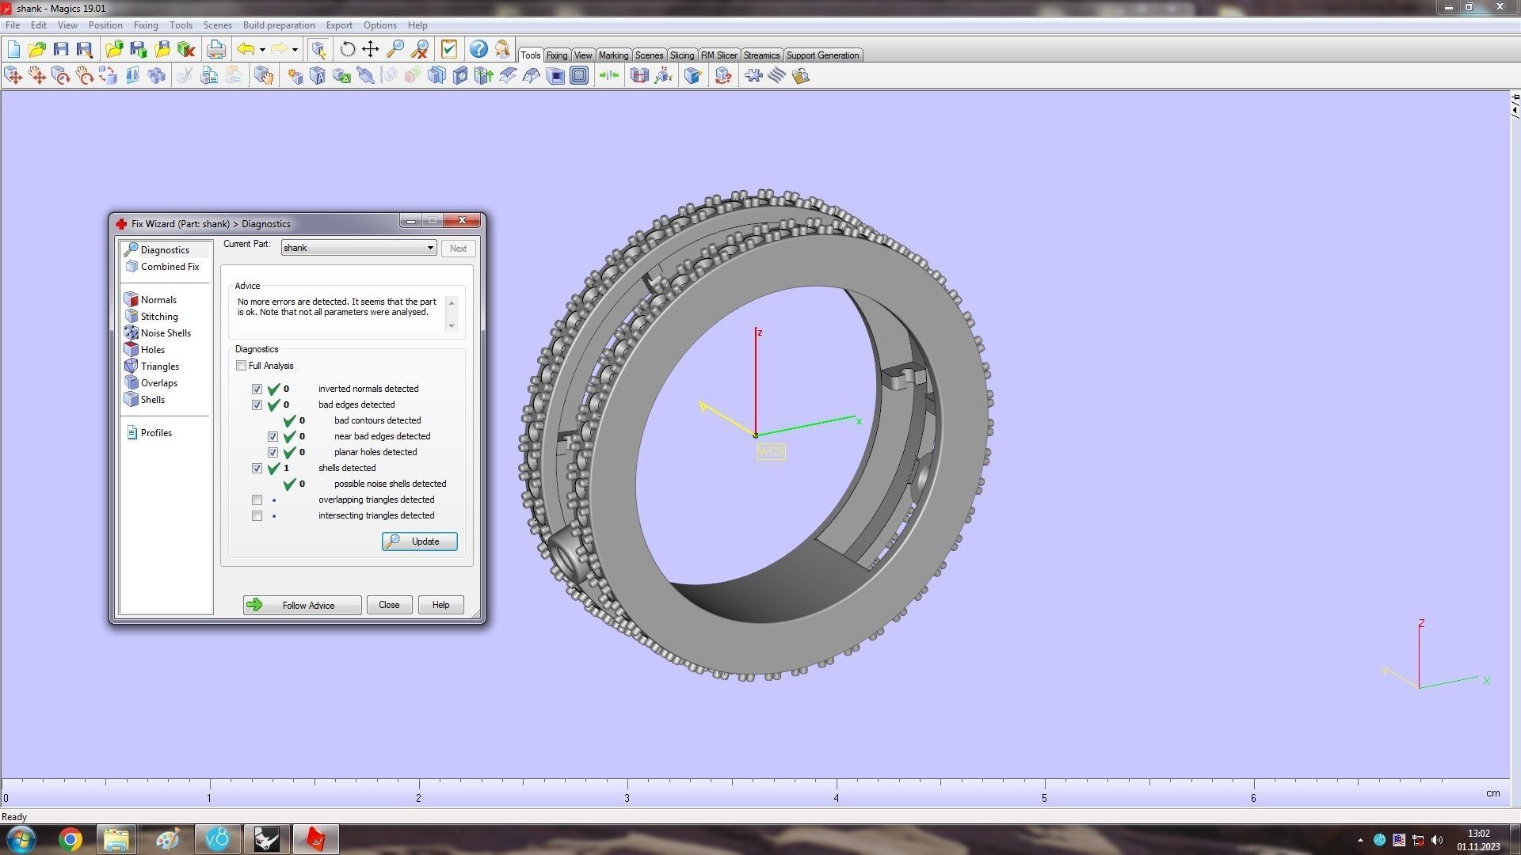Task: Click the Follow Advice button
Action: (x=302, y=605)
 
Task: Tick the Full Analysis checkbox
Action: (x=242, y=366)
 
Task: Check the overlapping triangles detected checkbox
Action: (x=257, y=500)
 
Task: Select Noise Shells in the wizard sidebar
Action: (x=165, y=333)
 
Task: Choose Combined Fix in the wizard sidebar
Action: (x=169, y=267)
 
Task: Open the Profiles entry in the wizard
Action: (x=155, y=433)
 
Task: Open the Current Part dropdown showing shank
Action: (x=358, y=248)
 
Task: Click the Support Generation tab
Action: (x=822, y=55)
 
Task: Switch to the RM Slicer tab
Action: (x=719, y=55)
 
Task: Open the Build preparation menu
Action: (x=279, y=25)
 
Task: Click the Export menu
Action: (x=339, y=25)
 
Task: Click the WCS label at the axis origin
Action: (x=771, y=451)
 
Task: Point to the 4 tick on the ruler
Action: (x=836, y=798)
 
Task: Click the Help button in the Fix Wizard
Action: (x=440, y=605)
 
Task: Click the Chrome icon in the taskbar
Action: (x=71, y=839)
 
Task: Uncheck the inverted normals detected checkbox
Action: (x=257, y=389)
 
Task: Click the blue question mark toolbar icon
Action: (x=478, y=49)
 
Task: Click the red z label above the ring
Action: (x=760, y=332)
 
